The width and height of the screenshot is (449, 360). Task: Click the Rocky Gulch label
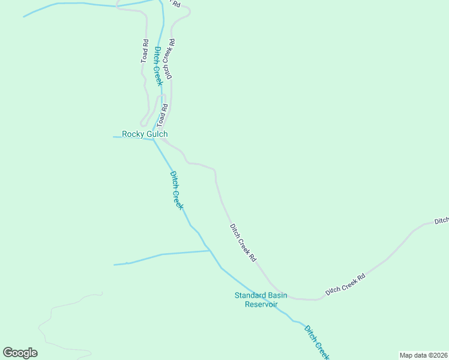145,134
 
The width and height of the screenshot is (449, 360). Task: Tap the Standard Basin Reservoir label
261,299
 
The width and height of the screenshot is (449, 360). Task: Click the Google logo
20,353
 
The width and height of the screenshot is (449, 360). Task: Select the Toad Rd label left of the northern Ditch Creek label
145,52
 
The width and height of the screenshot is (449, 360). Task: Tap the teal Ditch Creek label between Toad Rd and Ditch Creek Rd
157,66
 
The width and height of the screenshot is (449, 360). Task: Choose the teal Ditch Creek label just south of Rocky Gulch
176,190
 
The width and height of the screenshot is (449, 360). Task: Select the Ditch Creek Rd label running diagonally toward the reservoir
243,242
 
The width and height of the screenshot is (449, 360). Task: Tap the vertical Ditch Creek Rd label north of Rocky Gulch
170,59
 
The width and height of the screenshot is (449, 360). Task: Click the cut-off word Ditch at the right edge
441,221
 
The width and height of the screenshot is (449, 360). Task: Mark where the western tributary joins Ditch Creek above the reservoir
209,251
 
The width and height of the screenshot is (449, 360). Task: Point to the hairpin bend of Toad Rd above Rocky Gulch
143,124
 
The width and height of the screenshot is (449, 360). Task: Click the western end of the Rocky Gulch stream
114,137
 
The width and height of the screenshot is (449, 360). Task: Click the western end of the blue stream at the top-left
24,16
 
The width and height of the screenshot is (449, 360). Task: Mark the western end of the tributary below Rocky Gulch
115,264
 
